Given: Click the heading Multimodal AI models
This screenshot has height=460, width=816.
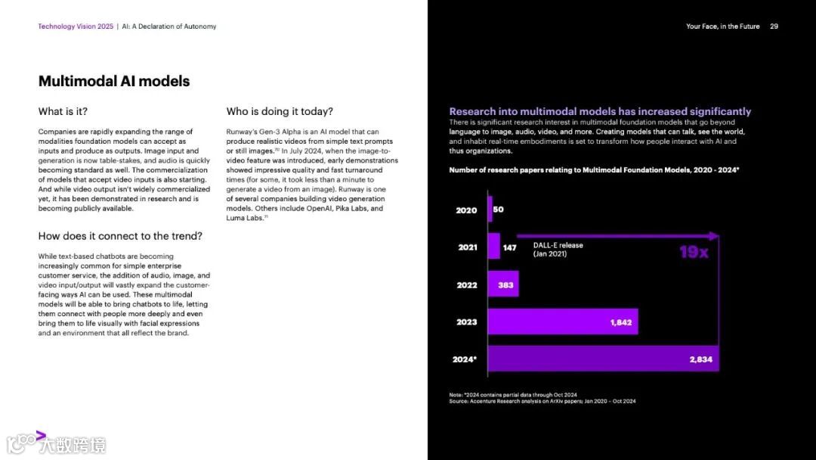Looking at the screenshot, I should click(x=114, y=82).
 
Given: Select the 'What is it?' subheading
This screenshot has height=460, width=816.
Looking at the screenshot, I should click(x=63, y=112).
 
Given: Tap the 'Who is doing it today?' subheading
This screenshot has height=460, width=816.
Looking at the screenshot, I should click(x=280, y=112).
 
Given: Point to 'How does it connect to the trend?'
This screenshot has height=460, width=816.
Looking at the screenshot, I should click(x=120, y=236).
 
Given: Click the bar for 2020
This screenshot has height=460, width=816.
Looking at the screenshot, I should click(x=490, y=210).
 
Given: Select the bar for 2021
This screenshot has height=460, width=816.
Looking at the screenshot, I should click(x=493, y=247).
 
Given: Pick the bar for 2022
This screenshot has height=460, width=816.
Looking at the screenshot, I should click(x=503, y=284).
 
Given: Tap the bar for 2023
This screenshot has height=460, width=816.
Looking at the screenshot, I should click(x=563, y=322).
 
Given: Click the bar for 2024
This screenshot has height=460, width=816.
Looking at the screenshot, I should click(x=603, y=359).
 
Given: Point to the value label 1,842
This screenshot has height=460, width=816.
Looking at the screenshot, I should click(x=621, y=322).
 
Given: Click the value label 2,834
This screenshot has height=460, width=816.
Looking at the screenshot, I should click(x=700, y=359).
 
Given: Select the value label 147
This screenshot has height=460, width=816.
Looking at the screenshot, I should click(x=510, y=247).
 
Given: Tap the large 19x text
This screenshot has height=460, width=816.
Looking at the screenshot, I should click(x=693, y=252).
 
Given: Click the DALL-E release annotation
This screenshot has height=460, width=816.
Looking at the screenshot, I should click(x=558, y=250).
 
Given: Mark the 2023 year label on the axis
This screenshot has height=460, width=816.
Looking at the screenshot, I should click(x=466, y=322).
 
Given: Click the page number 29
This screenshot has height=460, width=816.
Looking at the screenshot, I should click(x=774, y=26).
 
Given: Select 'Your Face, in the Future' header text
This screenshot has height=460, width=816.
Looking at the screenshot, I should click(x=722, y=26).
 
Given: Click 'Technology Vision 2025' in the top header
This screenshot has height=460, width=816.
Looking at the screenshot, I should click(x=76, y=26).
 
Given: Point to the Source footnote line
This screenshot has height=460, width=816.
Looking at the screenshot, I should click(x=542, y=401).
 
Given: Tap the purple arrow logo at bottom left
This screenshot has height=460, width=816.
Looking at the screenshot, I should click(x=41, y=436).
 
